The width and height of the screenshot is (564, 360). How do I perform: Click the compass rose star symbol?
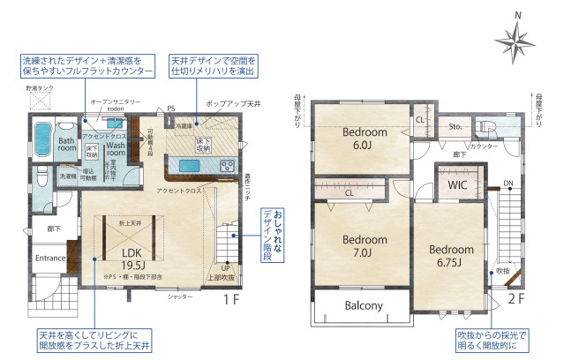(x=511, y=40)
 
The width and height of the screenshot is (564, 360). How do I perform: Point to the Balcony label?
(x=363, y=307)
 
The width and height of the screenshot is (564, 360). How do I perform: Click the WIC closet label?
(x=457, y=185)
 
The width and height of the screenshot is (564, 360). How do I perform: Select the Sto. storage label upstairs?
(x=456, y=125)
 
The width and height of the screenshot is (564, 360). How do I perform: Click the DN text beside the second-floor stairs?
(x=508, y=184)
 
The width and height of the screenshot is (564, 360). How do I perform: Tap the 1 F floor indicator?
(x=231, y=300)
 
